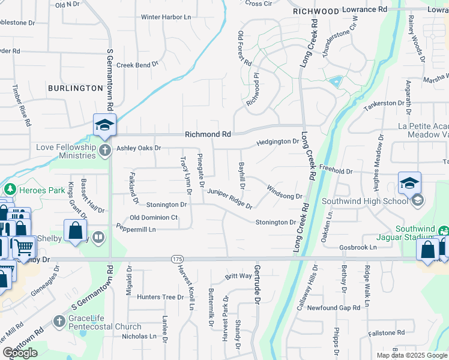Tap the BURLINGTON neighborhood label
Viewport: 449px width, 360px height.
tap(76, 88)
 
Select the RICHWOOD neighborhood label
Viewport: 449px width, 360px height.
tap(316, 11)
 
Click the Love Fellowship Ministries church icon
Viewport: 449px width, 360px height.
tap(105, 150)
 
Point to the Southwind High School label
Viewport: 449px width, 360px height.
tap(365, 200)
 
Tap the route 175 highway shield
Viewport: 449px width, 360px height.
tap(176, 259)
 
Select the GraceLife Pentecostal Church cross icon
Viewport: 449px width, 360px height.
tap(59, 322)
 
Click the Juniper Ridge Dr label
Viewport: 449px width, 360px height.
tap(230, 198)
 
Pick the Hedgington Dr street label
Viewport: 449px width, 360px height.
tap(277, 142)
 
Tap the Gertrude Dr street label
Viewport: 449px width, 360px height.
tap(257, 281)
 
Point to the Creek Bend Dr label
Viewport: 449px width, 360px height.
tap(137, 64)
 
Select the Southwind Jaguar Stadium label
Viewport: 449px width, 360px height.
tap(422, 234)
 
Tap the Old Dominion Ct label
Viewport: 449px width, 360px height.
tap(154, 217)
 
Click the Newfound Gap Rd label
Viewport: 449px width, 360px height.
tap(333, 308)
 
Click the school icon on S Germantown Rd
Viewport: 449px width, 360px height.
tap(104, 125)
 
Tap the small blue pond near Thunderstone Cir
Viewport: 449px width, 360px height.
tap(335, 81)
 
